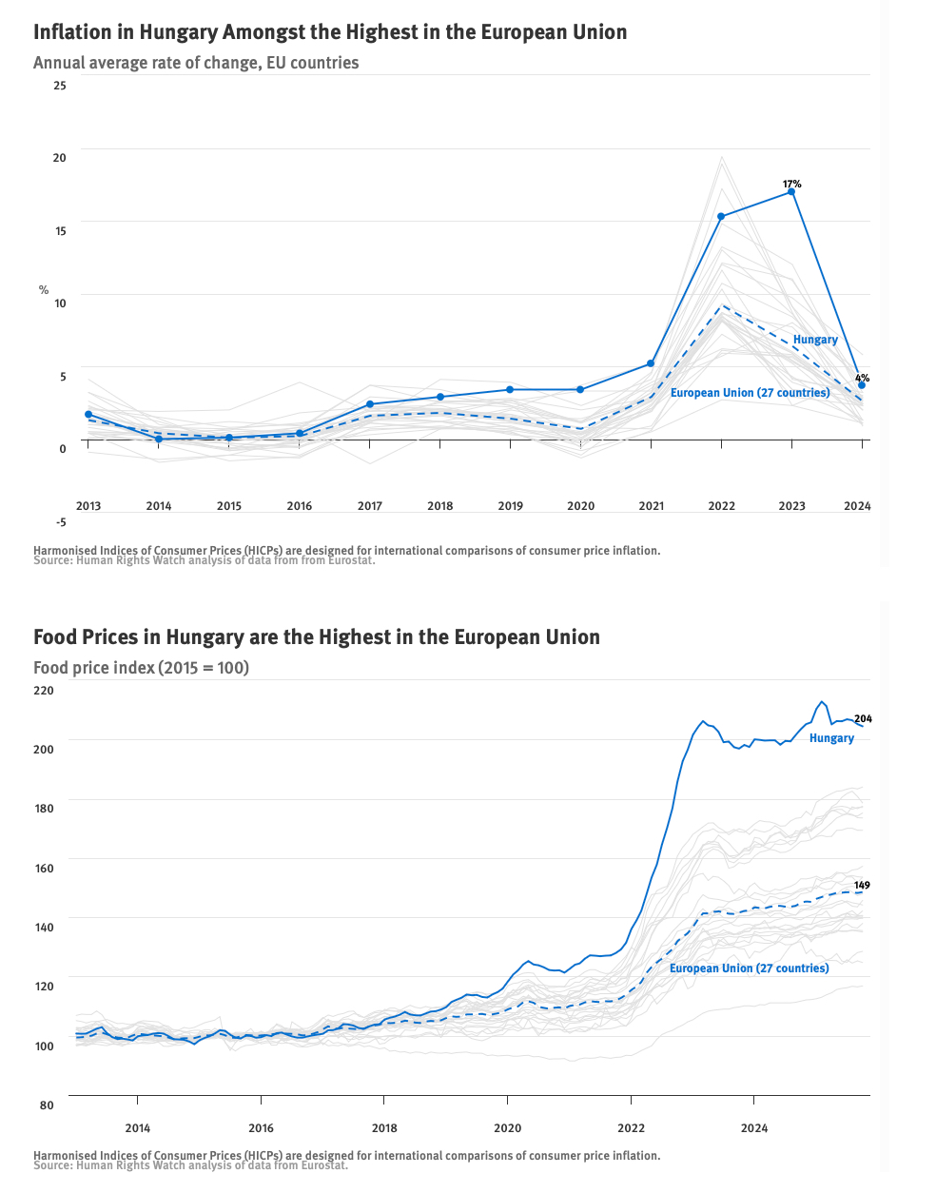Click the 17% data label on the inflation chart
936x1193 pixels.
pyautogui.click(x=791, y=184)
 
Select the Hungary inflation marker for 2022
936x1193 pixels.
pyautogui.click(x=721, y=217)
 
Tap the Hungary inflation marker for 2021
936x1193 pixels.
pyautogui.click(x=651, y=363)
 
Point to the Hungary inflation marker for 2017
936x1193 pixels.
pyautogui.click(x=370, y=404)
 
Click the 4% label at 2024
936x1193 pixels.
pyautogui.click(x=862, y=378)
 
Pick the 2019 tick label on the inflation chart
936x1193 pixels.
pyautogui.click(x=510, y=506)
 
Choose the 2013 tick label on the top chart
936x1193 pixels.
pyautogui.click(x=88, y=506)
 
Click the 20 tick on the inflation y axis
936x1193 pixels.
pyautogui.click(x=60, y=158)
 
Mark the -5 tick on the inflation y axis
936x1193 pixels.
pyautogui.click(x=60, y=521)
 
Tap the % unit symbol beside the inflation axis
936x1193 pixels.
pyautogui.click(x=44, y=290)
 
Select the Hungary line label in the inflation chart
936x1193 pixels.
pyautogui.click(x=815, y=340)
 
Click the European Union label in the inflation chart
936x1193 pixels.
pyautogui.click(x=750, y=393)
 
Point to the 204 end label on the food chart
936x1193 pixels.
pyautogui.click(x=863, y=719)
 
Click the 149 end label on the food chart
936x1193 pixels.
pyautogui.click(x=862, y=886)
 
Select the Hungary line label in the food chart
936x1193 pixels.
pyautogui.click(x=831, y=738)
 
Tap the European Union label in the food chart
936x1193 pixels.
pyautogui.click(x=749, y=968)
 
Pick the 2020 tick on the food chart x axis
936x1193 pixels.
pyautogui.click(x=507, y=1128)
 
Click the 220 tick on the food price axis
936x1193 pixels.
pyautogui.click(x=45, y=690)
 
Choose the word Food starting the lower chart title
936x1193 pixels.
pyautogui.click(x=54, y=637)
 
